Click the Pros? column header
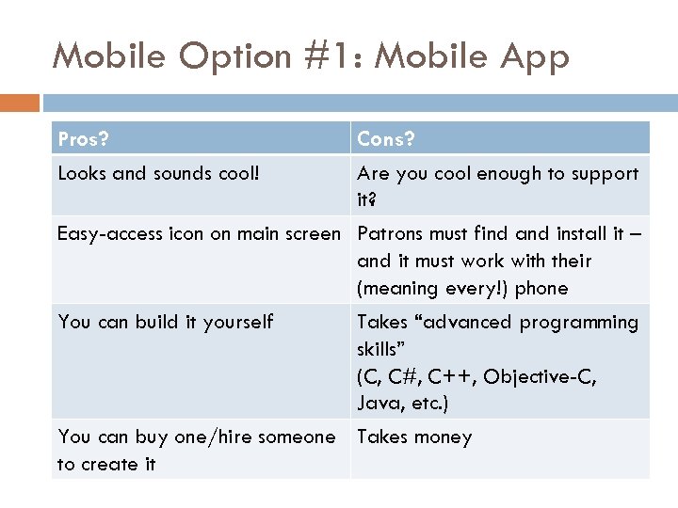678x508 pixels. (83, 139)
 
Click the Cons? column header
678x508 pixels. (386, 139)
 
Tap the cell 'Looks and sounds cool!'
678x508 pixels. (158, 174)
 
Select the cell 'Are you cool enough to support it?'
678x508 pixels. (497, 186)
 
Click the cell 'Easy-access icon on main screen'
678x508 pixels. (199, 233)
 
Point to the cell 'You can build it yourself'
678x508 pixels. (166, 322)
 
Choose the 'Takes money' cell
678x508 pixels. (414, 437)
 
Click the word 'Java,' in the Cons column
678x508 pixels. (379, 405)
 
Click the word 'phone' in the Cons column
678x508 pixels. (542, 288)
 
